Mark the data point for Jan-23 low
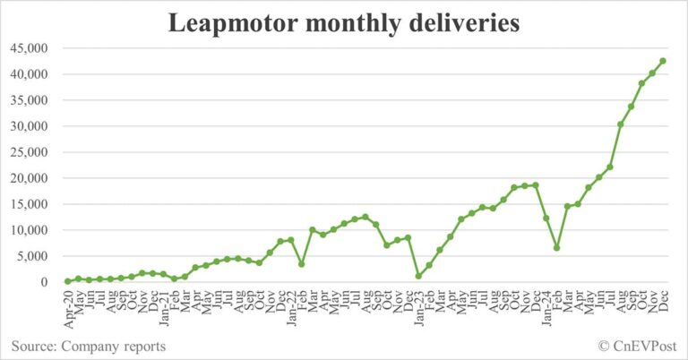(418, 276)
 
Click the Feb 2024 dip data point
(556, 248)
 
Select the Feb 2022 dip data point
(301, 264)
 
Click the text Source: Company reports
(88, 345)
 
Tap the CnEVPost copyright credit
(639, 345)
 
